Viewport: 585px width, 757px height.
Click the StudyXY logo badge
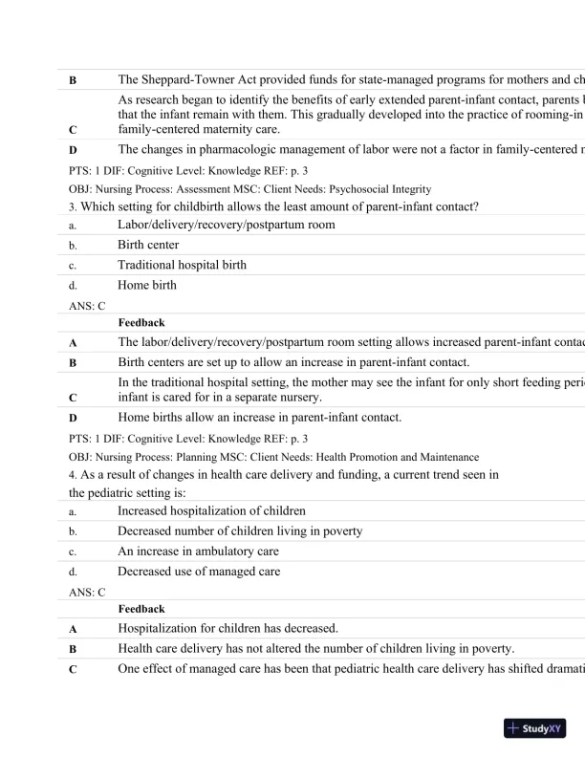[535, 728]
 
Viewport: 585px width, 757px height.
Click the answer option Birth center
[148, 245]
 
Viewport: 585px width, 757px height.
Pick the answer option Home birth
[147, 285]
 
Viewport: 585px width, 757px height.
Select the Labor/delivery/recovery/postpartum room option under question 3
[227, 225]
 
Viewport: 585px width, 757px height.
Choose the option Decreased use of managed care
[199, 572]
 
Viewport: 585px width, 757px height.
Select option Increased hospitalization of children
[211, 511]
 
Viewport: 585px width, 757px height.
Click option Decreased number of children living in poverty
[240, 531]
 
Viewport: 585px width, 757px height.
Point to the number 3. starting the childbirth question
[75, 205]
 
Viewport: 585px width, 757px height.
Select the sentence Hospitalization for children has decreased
[227, 628]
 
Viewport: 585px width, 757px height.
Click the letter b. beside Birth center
[73, 246]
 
